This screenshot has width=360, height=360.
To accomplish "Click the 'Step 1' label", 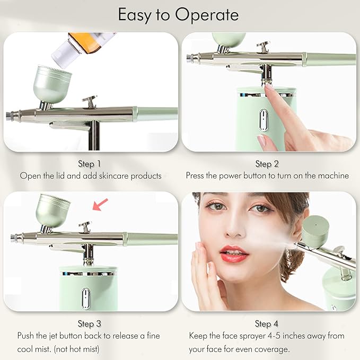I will tap(90, 164).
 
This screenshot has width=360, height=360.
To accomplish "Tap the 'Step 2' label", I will tap(267, 164).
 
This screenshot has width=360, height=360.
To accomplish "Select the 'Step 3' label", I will tap(90, 323).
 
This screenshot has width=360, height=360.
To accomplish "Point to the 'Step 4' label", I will tap(267, 323).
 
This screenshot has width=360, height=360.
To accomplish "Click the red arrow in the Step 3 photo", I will tap(100, 204).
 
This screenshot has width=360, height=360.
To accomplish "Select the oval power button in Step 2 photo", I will tap(263, 120).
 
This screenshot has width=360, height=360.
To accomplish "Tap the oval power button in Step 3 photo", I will tap(85, 297).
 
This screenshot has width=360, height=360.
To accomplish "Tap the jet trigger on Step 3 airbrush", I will tap(85, 226).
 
